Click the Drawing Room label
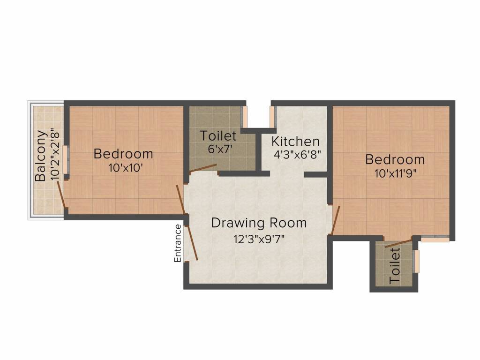259,223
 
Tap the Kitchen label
295,142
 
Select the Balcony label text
41,156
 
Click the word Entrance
178,243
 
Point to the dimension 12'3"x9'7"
259,239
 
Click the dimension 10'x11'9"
395,173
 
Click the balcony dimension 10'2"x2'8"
54,156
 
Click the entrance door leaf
192,243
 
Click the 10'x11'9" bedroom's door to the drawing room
336,220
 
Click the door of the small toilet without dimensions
398,243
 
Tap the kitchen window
272,116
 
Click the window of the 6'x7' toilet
244,117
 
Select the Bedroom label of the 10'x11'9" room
395,159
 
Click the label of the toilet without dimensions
395,266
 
